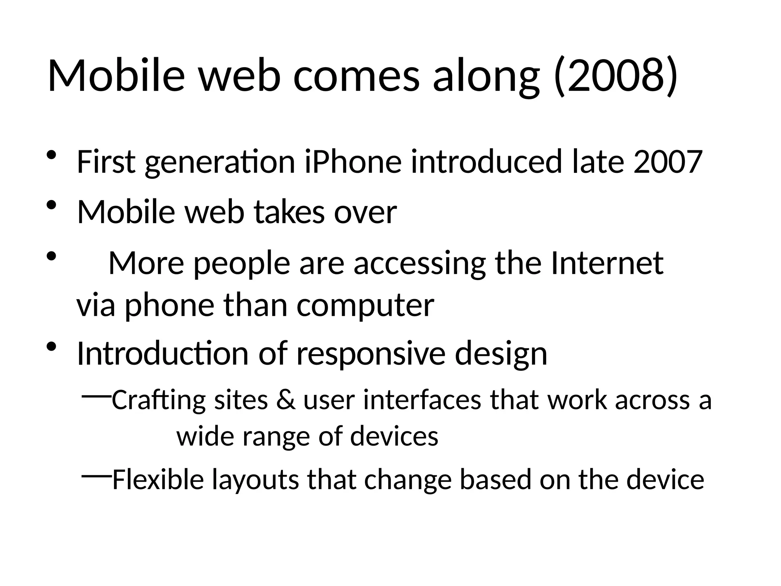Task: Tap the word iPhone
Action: coord(353,162)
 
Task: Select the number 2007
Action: coord(667,162)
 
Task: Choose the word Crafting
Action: coord(158,400)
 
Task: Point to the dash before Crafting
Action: coord(96,397)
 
